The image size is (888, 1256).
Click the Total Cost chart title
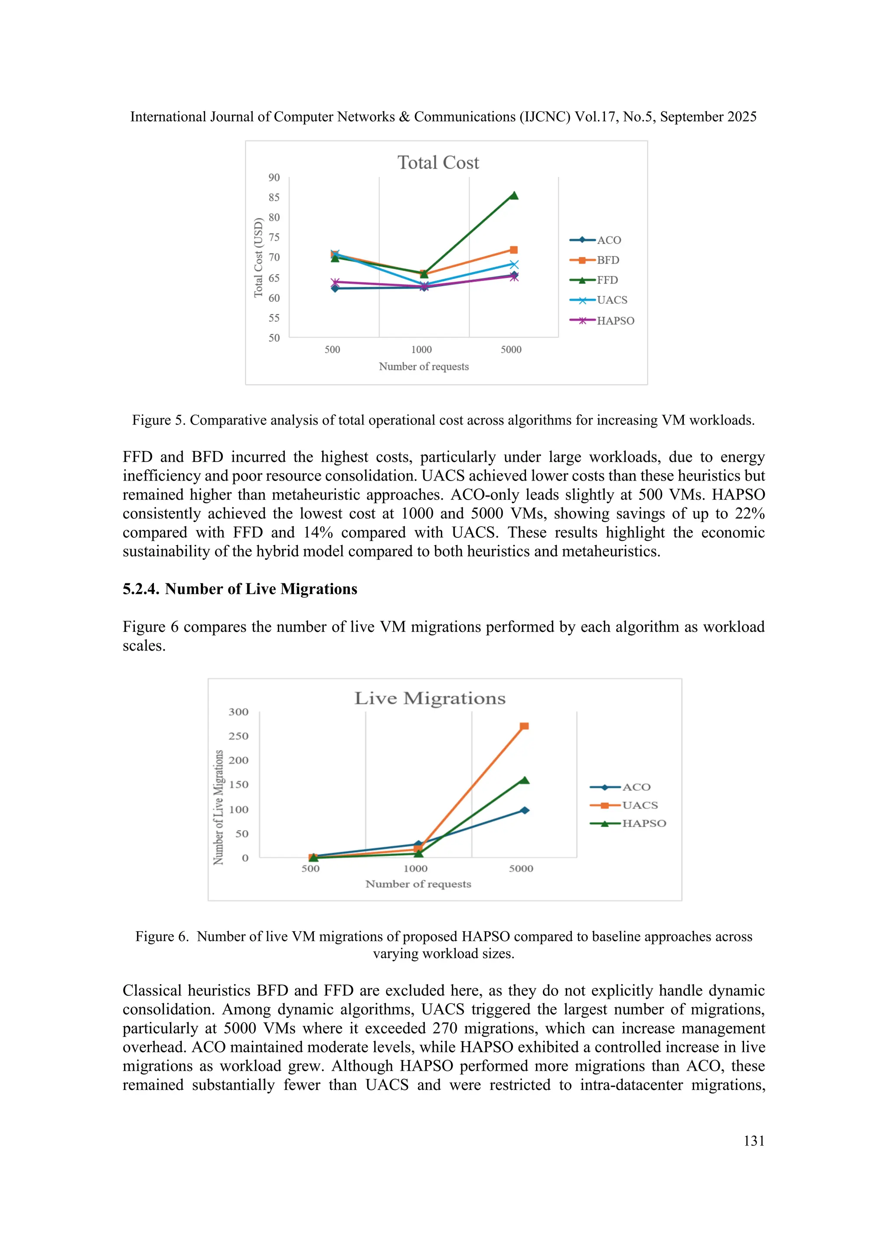click(438, 163)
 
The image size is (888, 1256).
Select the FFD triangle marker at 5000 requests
click(513, 195)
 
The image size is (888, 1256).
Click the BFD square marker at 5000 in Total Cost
click(513, 250)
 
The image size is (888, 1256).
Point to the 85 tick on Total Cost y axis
click(274, 197)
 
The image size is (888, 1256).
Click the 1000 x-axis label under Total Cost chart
click(421, 350)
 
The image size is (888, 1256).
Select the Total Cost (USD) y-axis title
click(258, 258)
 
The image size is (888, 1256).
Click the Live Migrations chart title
click(430, 699)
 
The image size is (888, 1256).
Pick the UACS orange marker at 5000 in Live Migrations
click(524, 726)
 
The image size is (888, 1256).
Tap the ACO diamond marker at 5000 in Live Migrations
click(524, 810)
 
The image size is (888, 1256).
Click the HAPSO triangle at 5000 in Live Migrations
click(524, 780)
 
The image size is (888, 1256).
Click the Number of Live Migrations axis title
click(218, 807)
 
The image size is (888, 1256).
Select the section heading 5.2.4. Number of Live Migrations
click(239, 589)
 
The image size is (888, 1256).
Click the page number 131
click(754, 1141)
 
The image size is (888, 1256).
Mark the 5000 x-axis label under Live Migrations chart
click(521, 869)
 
